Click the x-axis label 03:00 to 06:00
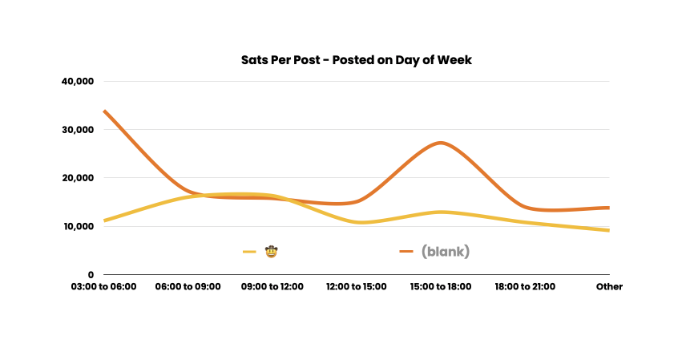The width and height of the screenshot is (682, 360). [103, 286]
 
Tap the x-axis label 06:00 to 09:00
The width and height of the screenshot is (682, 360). [188, 286]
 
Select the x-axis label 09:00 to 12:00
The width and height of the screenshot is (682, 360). [272, 286]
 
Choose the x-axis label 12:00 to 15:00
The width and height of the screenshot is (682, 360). [357, 286]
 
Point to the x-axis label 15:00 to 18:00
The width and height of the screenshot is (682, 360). [441, 286]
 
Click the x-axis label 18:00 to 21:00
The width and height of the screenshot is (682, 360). [525, 286]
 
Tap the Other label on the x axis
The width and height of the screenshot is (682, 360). [609, 286]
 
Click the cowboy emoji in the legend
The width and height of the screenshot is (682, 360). [272, 252]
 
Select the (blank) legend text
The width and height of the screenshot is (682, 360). [446, 252]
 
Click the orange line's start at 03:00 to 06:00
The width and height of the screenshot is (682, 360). [104, 111]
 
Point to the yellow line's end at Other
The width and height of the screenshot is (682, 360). [608, 230]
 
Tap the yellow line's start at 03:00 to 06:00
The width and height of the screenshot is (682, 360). [104, 220]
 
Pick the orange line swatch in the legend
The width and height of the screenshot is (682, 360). [406, 252]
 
